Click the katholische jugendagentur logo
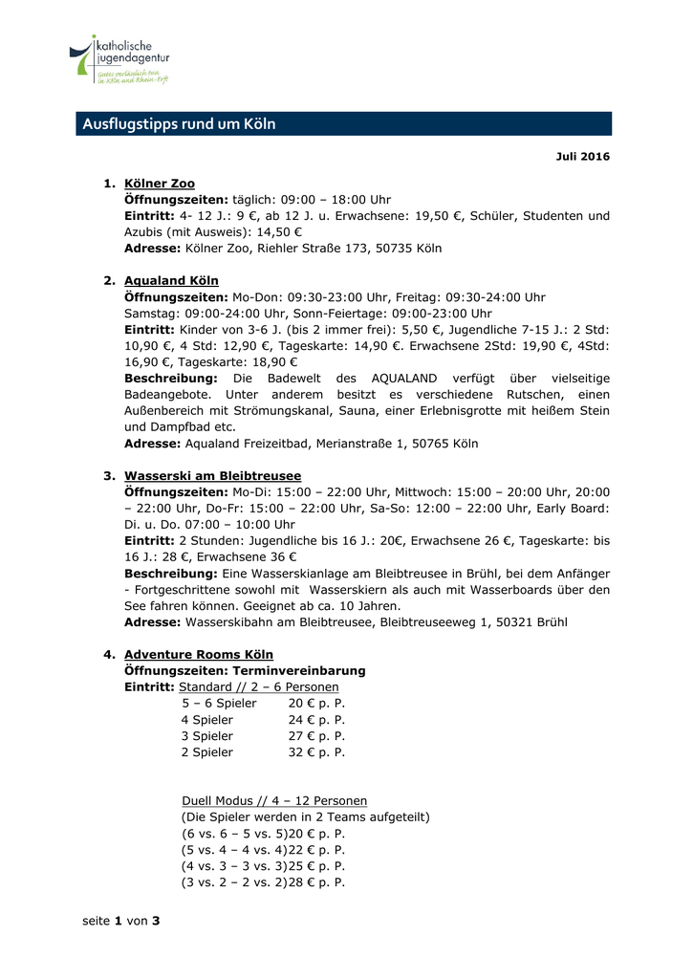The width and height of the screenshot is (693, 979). click(119, 60)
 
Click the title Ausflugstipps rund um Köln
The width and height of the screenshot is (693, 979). click(179, 124)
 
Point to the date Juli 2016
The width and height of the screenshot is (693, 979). click(582, 156)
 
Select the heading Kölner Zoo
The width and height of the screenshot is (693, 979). click(159, 184)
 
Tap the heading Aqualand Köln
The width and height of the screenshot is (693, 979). click(171, 281)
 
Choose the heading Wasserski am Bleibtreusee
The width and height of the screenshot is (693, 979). click(212, 475)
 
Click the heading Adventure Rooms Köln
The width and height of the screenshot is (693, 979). click(198, 655)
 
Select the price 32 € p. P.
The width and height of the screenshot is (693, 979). click(316, 752)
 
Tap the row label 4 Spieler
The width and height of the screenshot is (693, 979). click(206, 720)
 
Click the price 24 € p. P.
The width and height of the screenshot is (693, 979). click(316, 720)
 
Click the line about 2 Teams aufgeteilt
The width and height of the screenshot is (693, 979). click(305, 817)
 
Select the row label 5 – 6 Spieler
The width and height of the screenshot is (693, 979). click(219, 704)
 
